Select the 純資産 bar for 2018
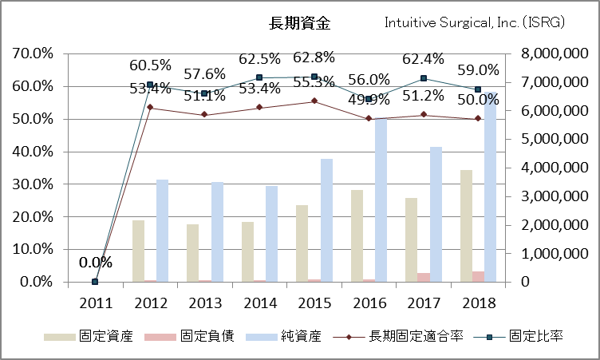pos(489,188)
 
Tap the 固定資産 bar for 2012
pos(139,251)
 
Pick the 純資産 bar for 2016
pos(381,200)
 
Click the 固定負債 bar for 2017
pos(424,277)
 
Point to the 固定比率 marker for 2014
pos(259,77)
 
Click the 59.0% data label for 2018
pos(478,69)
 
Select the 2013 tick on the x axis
pos(203,303)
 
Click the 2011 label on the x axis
pos(95,303)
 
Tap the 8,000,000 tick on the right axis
pos(559,53)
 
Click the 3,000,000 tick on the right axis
pos(559,196)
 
